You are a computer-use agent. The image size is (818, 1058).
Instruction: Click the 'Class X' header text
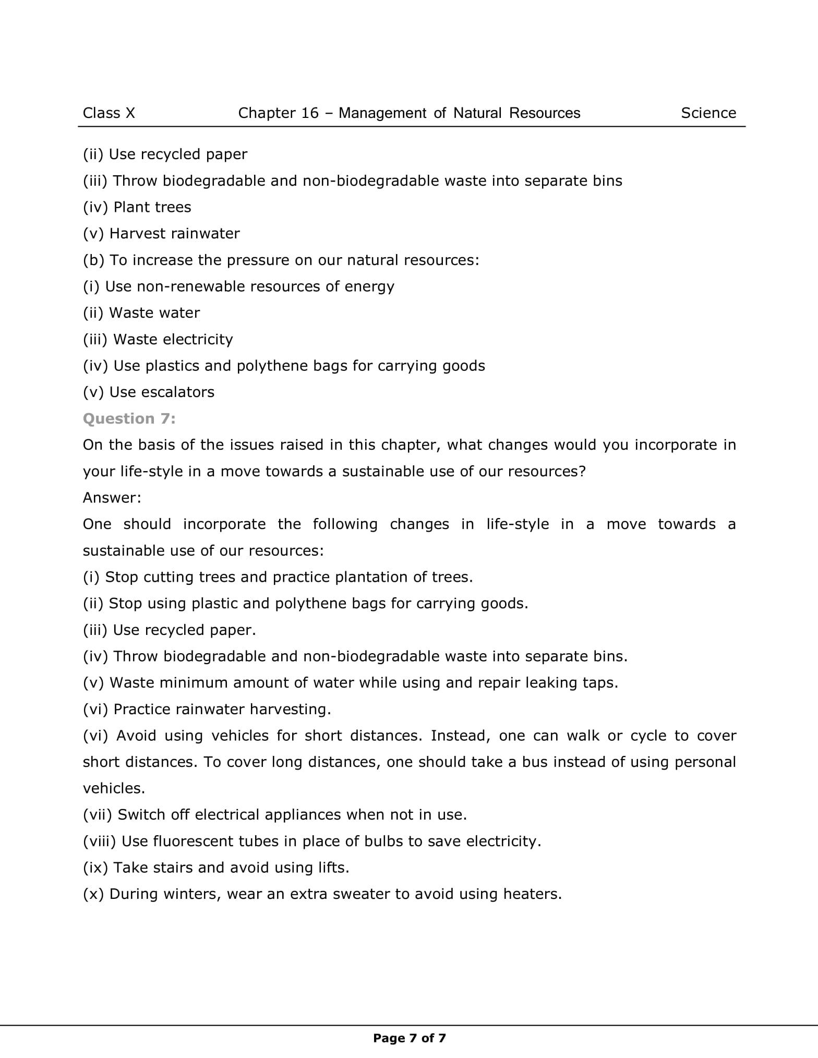click(x=109, y=113)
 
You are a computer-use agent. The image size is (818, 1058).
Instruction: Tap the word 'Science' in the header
click(x=708, y=113)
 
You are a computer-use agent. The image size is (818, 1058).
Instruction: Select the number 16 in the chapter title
click(x=309, y=113)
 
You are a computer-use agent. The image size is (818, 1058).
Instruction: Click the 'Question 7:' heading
click(x=129, y=418)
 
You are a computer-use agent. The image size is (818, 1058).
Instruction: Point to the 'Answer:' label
click(x=112, y=498)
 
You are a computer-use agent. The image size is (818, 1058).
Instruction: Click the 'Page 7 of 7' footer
click(x=409, y=1038)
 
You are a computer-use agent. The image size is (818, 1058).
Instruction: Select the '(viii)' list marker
click(x=100, y=841)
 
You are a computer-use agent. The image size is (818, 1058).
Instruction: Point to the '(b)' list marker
click(x=94, y=260)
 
